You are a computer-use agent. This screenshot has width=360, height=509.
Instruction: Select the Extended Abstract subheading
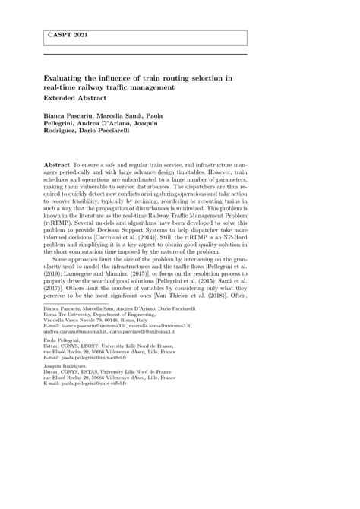(x=74, y=99)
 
